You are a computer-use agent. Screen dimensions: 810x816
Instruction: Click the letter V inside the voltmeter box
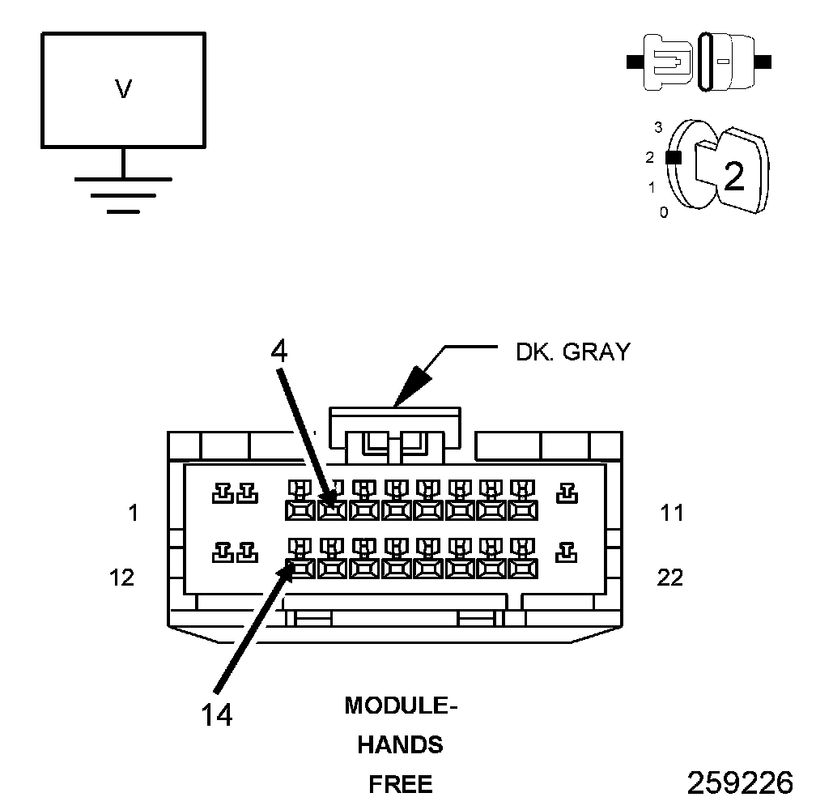click(x=123, y=89)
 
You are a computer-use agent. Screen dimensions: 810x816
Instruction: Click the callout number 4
click(x=278, y=351)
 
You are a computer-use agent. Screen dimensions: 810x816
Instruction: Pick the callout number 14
click(x=216, y=714)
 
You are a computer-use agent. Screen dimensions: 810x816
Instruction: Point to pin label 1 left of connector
click(x=133, y=513)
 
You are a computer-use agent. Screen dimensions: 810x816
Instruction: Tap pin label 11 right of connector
click(x=671, y=513)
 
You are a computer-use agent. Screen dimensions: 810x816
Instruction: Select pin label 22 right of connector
click(x=670, y=578)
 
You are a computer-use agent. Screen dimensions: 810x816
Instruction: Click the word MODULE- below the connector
click(x=402, y=706)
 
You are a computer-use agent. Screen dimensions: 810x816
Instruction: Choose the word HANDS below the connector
click(x=401, y=744)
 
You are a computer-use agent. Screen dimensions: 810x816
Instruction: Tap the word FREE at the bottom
click(x=401, y=784)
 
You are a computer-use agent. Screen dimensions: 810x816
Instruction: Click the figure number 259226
click(x=740, y=782)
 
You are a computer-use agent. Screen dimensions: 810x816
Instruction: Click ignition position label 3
click(x=658, y=127)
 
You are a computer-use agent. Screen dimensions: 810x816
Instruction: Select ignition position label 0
click(x=664, y=213)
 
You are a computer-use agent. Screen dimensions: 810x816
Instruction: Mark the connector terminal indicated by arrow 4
click(x=330, y=509)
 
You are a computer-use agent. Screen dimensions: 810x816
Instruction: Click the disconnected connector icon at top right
click(x=699, y=62)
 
